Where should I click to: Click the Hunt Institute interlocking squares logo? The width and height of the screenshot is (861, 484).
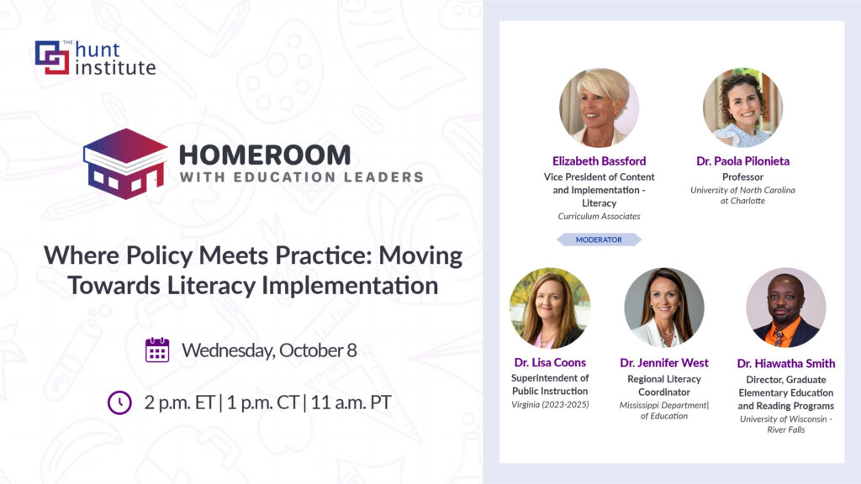pyautogui.click(x=52, y=57)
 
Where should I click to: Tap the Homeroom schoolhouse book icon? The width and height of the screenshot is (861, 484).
pyautogui.click(x=125, y=164)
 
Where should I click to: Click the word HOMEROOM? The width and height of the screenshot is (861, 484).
pyautogui.click(x=265, y=155)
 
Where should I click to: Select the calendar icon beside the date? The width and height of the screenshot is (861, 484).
pyautogui.click(x=157, y=350)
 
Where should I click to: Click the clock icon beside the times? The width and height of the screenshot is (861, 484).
pyautogui.click(x=119, y=402)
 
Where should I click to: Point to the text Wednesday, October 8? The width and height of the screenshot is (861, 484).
pyautogui.click(x=269, y=350)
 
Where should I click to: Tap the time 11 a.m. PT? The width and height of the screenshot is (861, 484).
pyautogui.click(x=351, y=402)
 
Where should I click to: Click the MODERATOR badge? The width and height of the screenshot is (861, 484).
pyautogui.click(x=599, y=239)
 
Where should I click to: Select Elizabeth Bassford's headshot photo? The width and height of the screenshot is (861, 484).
pyautogui.click(x=599, y=108)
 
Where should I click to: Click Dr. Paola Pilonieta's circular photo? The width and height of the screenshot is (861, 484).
pyautogui.click(x=742, y=108)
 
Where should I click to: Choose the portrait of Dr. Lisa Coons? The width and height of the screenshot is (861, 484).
pyautogui.click(x=550, y=308)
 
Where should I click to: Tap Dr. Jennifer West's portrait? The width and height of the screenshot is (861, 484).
pyautogui.click(x=664, y=308)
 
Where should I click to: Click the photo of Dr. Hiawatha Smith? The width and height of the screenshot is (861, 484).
pyautogui.click(x=786, y=308)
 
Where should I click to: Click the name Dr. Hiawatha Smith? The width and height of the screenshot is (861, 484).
pyautogui.click(x=786, y=363)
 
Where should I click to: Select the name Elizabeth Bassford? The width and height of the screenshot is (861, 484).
pyautogui.click(x=599, y=160)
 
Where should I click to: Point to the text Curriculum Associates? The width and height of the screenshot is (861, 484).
pyautogui.click(x=599, y=216)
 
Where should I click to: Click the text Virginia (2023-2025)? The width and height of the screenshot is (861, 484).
pyautogui.click(x=550, y=404)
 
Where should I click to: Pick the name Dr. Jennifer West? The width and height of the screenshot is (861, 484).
pyautogui.click(x=664, y=363)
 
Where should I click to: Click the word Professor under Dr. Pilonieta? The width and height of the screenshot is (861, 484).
pyautogui.click(x=742, y=176)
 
